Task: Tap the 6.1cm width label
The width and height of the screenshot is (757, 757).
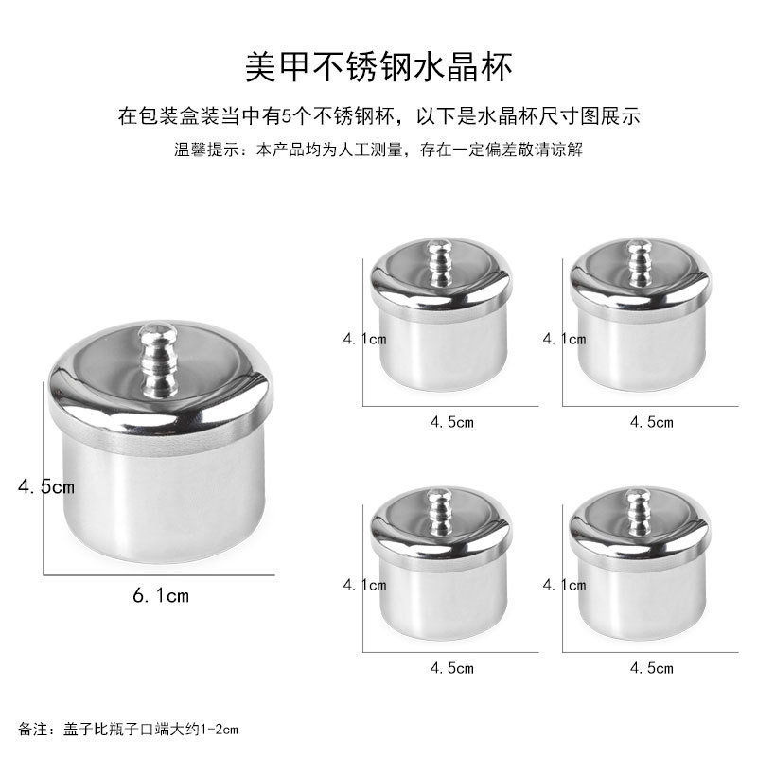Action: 160,595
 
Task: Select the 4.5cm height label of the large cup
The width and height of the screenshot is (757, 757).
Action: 45,487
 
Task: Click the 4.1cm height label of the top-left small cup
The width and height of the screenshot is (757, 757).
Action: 364,338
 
